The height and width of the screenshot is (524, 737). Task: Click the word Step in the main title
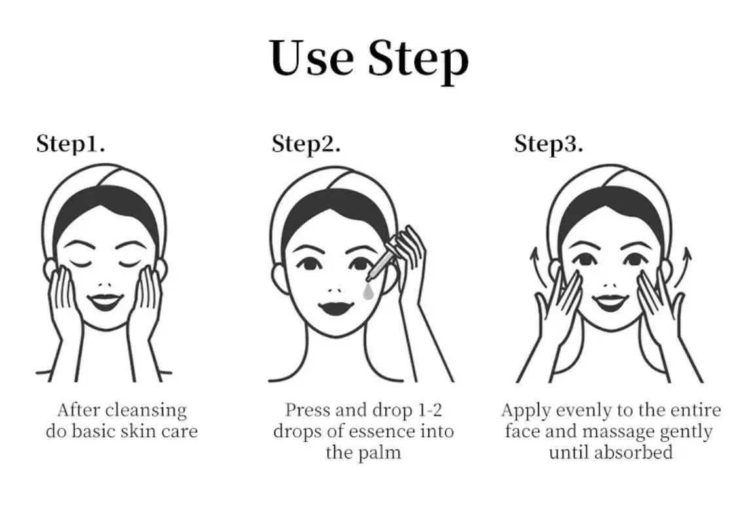click(x=419, y=61)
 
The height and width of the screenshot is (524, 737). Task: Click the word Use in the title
click(x=312, y=57)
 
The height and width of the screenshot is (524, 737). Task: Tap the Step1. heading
click(x=71, y=143)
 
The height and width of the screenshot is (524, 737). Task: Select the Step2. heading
click(x=306, y=144)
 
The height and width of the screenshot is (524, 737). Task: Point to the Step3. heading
click(x=548, y=144)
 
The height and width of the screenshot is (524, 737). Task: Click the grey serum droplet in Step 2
click(x=368, y=291)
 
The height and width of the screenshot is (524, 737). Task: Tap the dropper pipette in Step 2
click(x=382, y=260)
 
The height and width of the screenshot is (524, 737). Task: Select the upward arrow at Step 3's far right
click(x=684, y=265)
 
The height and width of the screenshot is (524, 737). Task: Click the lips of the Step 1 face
click(x=105, y=301)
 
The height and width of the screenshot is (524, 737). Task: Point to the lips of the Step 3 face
click(x=610, y=300)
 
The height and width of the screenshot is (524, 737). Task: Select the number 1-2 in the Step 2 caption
click(x=430, y=410)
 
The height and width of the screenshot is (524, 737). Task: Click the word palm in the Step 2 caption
click(x=379, y=453)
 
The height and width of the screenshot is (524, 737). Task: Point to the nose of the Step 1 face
click(x=105, y=284)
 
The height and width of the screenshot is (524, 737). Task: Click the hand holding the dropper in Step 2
click(x=409, y=263)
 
